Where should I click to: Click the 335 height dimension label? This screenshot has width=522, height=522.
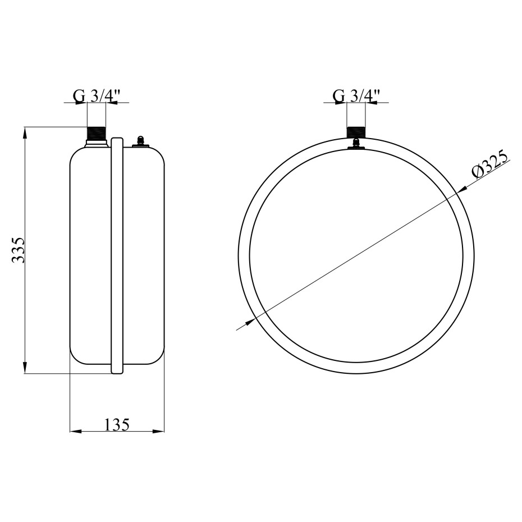[x=19, y=250]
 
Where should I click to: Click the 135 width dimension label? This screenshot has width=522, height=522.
[x=117, y=424]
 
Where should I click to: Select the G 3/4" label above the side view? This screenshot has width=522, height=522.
[x=96, y=96]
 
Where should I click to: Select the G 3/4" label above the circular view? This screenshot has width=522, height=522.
[x=356, y=96]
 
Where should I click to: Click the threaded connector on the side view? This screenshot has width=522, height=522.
[x=96, y=135]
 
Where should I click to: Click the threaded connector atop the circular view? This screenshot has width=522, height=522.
[x=356, y=132]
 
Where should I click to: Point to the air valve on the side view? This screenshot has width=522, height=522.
[x=140, y=141]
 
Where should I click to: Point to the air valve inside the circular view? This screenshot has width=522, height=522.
[x=356, y=144]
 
